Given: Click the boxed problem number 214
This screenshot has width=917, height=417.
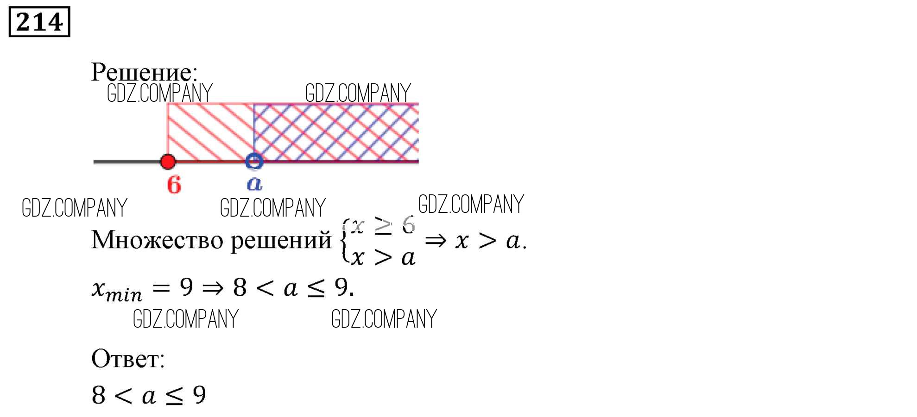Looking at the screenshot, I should click(x=39, y=22).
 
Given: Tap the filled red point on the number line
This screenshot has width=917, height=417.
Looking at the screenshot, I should click(x=168, y=162).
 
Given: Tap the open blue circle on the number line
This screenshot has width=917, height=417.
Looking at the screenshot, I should click(x=254, y=162).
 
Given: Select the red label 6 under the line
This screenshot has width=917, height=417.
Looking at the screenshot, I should click(x=174, y=184).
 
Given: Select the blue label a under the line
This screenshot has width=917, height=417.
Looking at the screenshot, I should click(x=254, y=183).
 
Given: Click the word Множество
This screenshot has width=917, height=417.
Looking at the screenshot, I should click(x=157, y=240).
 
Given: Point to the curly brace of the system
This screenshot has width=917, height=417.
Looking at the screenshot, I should click(x=345, y=241).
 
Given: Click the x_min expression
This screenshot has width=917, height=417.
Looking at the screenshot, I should click(x=117, y=290).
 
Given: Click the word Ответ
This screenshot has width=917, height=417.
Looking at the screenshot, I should click(x=127, y=359).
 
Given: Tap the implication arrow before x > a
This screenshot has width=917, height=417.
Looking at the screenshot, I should click(x=436, y=241).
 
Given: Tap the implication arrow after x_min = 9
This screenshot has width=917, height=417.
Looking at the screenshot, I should click(x=213, y=288).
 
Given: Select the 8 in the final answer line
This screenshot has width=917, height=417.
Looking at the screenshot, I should click(x=98, y=395).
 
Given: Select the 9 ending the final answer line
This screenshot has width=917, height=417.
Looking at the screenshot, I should click(x=199, y=395).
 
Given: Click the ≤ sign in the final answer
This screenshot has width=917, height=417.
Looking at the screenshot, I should click(x=174, y=396).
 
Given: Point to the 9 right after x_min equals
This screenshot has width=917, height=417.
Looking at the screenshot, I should click(x=186, y=287).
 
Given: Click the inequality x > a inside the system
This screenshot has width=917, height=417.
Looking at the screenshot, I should click(x=383, y=257).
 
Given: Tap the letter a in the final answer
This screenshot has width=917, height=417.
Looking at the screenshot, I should click(x=148, y=396).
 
